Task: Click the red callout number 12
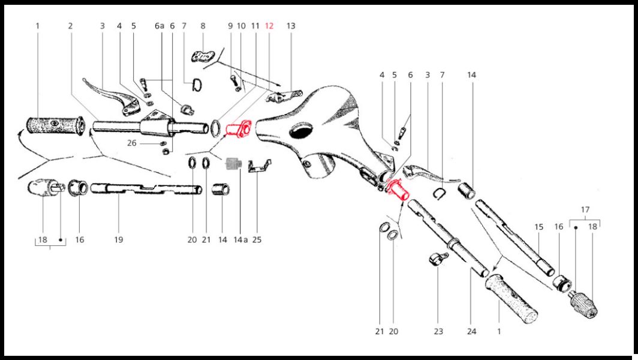[x=269, y=26]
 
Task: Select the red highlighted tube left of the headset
[x=238, y=128]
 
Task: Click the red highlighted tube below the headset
[x=398, y=190]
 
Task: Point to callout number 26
[x=131, y=143]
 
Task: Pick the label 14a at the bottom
[x=240, y=240]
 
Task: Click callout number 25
[x=257, y=240]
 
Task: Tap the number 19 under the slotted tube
[x=118, y=240]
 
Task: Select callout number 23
[x=438, y=331]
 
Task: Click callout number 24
[x=471, y=331]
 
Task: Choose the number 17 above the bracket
[x=585, y=210]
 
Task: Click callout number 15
[x=538, y=227]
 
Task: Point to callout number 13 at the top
[x=290, y=26]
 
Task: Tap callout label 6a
[x=159, y=26]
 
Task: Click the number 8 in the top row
[x=203, y=26]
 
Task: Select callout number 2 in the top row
[x=70, y=26]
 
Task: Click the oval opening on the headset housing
[x=303, y=133]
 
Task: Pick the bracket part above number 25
[x=259, y=166]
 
